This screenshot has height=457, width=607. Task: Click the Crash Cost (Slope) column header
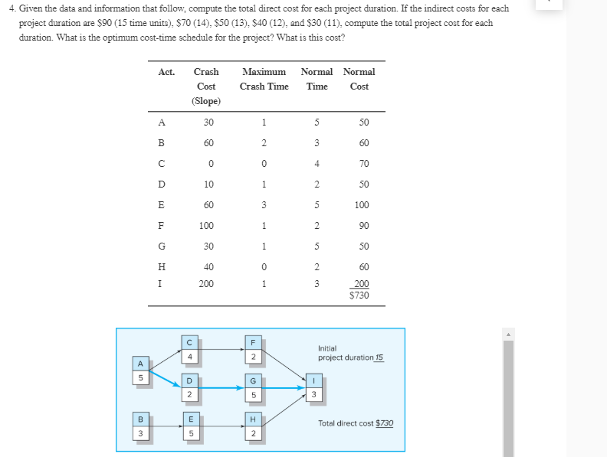point(206,86)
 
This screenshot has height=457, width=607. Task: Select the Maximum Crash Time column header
point(264,79)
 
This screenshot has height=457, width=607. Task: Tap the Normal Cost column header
point(359,79)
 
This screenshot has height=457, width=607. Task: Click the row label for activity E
point(160,204)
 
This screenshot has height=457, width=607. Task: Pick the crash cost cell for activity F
point(206,225)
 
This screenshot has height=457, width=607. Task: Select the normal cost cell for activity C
point(363,163)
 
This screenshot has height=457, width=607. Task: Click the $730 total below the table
point(359,295)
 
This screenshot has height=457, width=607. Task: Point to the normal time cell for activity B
point(317,142)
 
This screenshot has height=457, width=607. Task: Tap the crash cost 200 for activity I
point(206,283)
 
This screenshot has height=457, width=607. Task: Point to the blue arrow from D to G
point(222,388)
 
